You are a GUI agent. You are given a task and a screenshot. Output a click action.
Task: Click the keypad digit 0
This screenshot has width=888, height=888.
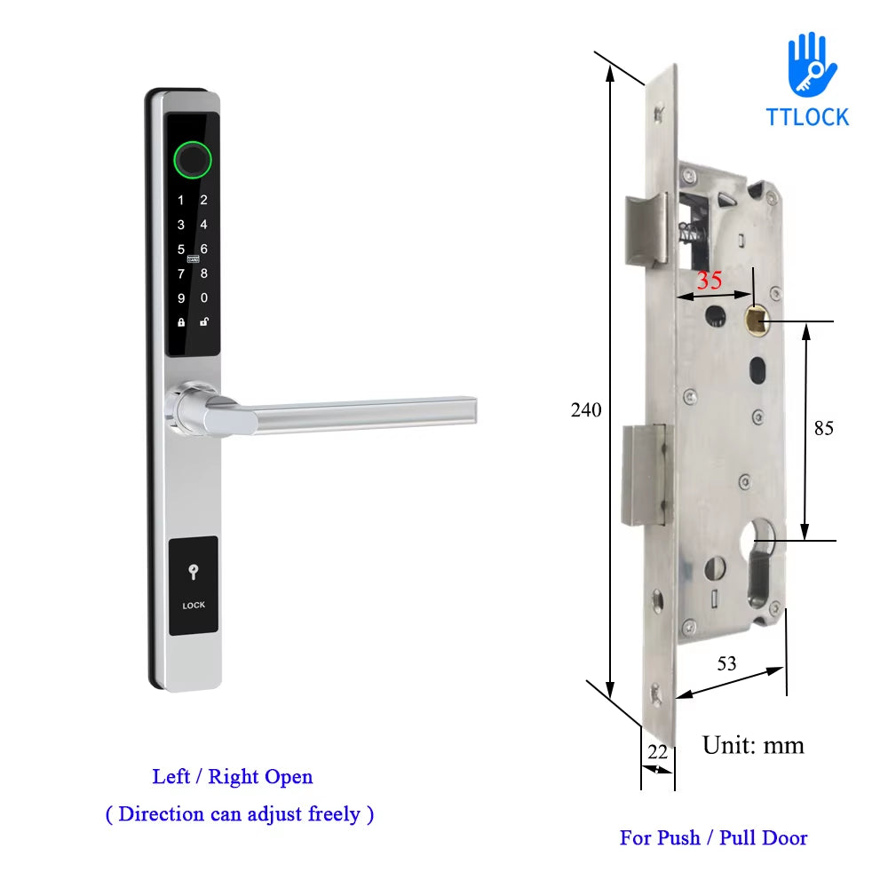204,298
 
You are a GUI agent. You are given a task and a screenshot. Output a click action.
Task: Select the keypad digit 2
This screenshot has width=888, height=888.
203,201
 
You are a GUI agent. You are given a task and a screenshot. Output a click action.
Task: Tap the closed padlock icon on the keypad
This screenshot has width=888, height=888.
181,322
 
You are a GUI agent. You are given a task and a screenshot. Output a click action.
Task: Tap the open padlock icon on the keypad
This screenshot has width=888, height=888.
203,321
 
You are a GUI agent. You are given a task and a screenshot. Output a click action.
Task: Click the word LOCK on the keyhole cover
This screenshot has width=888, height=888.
194,606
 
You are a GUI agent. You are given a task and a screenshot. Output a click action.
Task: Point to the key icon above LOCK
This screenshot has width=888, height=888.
194,573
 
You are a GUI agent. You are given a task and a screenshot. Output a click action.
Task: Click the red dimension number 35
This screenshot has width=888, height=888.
709,281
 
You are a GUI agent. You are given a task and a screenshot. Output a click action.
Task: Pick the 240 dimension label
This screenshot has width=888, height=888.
586,410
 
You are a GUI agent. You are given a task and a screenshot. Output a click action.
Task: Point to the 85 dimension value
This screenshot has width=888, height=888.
823,428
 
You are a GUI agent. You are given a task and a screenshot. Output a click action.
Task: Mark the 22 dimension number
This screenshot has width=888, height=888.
657,751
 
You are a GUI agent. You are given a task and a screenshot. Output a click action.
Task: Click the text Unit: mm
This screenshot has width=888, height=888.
753,744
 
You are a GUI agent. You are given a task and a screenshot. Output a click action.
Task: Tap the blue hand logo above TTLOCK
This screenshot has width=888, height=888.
811,65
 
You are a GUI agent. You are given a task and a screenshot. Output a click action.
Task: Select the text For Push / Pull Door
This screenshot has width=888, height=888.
713,837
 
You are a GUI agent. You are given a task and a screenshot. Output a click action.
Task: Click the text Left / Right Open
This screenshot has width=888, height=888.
233,777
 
